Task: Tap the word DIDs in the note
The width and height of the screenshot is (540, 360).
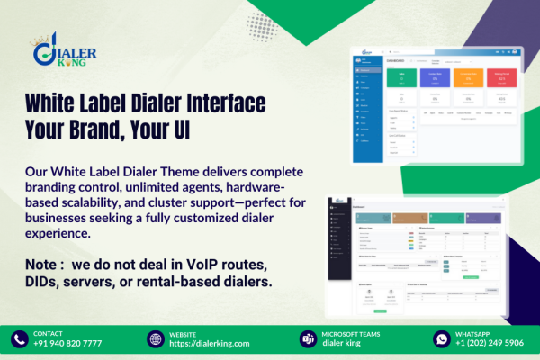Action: point(47,281)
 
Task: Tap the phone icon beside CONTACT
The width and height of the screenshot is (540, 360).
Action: point(20,338)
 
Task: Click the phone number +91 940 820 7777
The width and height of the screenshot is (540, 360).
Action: point(67,344)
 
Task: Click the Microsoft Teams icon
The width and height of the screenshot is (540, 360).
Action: point(306,338)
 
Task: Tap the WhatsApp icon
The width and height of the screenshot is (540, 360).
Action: point(441,338)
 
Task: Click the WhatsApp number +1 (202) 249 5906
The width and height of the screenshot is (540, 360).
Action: point(490,344)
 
